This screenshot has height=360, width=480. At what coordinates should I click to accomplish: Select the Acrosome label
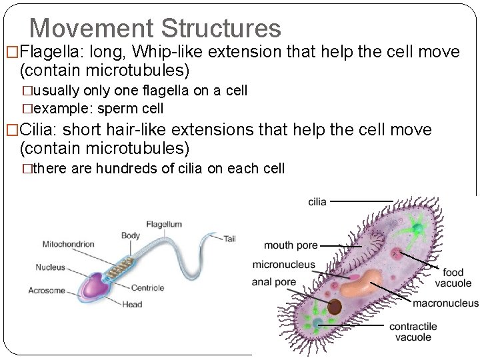point(46,290)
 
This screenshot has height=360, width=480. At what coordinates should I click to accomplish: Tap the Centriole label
point(147,288)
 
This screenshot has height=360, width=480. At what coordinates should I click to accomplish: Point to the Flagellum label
point(163,225)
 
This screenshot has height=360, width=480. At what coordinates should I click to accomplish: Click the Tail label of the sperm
point(230,238)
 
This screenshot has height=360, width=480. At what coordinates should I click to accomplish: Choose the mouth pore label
point(291,246)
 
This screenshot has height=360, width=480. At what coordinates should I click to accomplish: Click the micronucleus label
point(283,265)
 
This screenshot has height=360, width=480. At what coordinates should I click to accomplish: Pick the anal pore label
point(273,282)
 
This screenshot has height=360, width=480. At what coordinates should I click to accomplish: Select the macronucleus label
point(445,304)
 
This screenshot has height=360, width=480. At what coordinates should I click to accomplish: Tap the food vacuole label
point(453,277)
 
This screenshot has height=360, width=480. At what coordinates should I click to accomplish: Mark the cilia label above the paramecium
point(317,201)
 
